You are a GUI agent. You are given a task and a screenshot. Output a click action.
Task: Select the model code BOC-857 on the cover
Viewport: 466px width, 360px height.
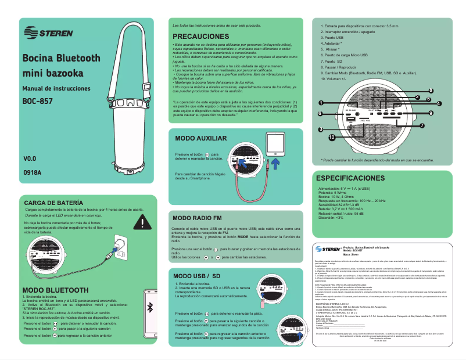[x=38, y=100]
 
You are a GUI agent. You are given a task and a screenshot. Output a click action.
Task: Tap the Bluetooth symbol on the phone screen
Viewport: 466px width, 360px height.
[x=149, y=307]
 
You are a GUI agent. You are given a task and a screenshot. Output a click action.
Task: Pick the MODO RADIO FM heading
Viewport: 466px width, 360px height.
[x=201, y=218]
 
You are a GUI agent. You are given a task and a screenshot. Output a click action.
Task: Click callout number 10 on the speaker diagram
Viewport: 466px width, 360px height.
[x=331, y=137]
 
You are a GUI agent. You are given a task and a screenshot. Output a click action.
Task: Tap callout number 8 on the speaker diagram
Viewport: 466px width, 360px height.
[x=431, y=91]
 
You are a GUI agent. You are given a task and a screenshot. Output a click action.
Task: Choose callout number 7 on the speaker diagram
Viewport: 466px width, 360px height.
[x=422, y=125]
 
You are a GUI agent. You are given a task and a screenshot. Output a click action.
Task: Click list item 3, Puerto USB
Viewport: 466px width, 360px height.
[x=332, y=38]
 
